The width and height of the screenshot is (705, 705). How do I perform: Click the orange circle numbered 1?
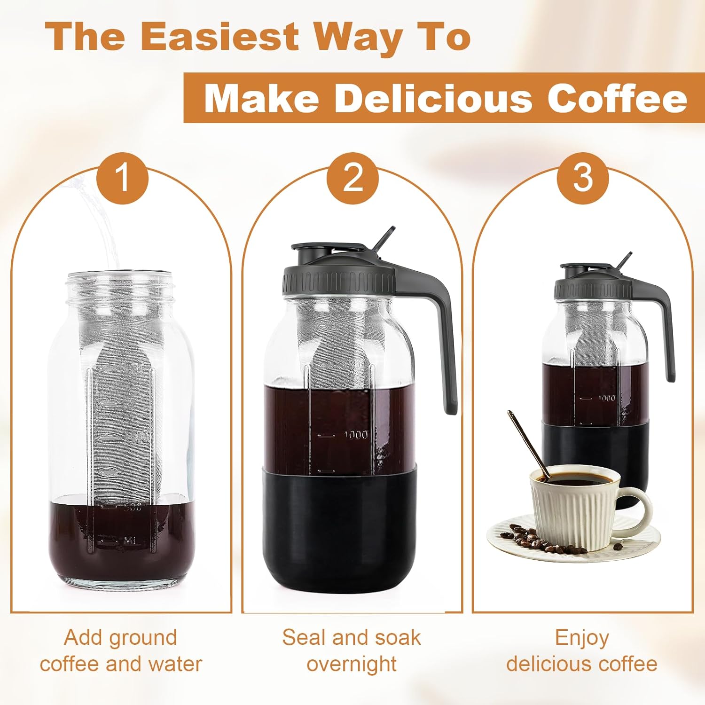pos(122,178)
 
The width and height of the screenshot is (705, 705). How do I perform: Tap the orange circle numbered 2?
pos(352,178)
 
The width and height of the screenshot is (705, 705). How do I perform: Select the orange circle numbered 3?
pos(583,178)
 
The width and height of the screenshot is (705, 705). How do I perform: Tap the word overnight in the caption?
pos(352,664)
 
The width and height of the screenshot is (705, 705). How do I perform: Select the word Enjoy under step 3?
pos(582,638)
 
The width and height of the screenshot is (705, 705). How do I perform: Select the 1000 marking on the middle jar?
pos(356,435)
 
